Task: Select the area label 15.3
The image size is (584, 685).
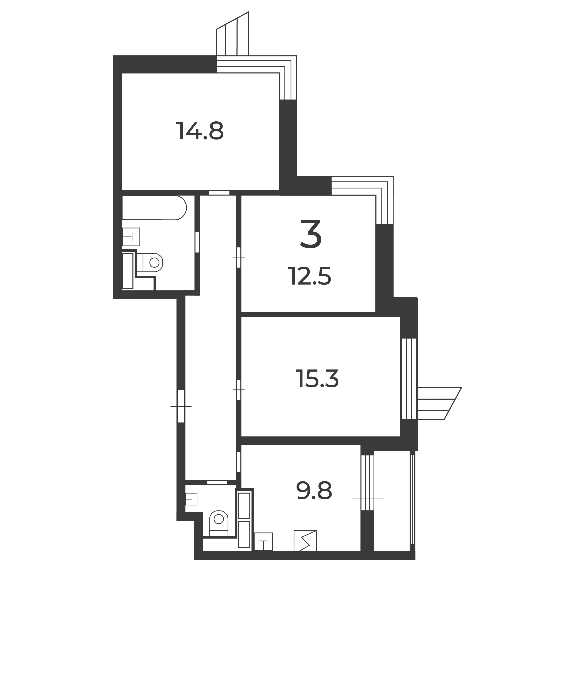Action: [x=317, y=379]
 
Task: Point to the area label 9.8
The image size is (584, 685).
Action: [x=314, y=491]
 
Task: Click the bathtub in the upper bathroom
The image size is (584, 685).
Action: [x=154, y=208]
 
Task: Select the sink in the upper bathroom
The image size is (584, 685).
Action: [x=131, y=237]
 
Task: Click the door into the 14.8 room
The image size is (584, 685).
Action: [x=219, y=193]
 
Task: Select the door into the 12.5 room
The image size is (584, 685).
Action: [x=239, y=257]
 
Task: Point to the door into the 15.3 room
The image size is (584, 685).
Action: [x=239, y=390]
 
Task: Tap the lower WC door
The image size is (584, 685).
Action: [x=217, y=482]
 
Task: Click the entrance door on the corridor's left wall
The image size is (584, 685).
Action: [x=181, y=406]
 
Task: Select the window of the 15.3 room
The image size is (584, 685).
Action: [x=409, y=379]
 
